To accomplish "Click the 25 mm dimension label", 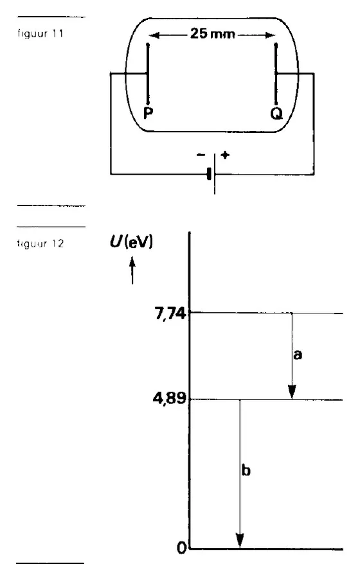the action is pos(213,34).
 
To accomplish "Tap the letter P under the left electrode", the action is pos(148,113).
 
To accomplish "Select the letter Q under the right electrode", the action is pos(276,114).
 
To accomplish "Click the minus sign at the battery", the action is pos(201,155).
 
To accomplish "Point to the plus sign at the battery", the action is pos(225,155).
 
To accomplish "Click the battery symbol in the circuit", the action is pos(212,173).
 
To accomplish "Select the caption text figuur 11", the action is pos(40,34).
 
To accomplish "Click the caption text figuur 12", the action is pos(40,243).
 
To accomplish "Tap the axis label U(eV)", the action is pos(131,242).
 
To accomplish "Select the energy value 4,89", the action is pos(169,399).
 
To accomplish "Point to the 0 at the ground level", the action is pos(181,548).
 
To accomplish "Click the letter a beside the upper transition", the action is pos(298,355).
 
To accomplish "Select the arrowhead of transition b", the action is pos(240,541).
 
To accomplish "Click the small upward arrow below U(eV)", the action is pos(132,271).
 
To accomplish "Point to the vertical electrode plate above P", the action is pos(148,74).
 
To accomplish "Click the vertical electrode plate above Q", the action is pos(276,74).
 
